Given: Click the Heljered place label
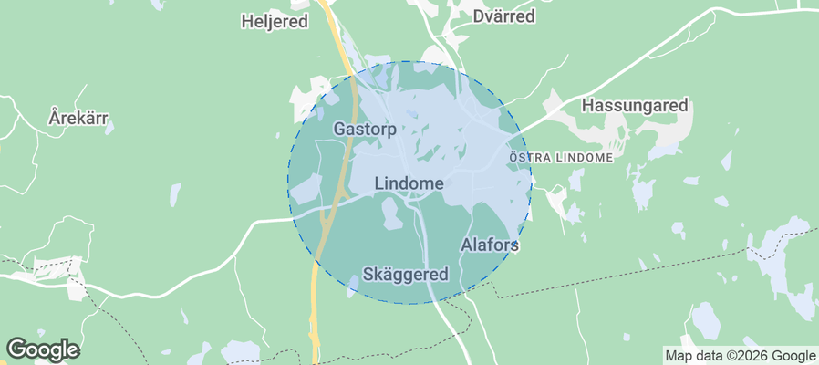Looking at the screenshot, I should pos(275,21).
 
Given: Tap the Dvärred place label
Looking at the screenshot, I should pos(503,16).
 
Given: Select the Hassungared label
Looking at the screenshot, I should pos(635,106).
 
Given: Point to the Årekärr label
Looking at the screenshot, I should pos(78,119).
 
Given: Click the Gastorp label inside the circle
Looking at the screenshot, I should pos(365,129).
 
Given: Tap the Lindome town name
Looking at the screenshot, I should pos(409,183).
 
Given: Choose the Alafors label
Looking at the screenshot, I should pos(490,245).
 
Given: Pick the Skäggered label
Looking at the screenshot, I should pos(406,274).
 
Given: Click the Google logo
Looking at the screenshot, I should pos(43,349).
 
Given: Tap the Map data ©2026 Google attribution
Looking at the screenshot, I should pos(740,356).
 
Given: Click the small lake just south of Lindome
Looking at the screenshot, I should pos(391,215).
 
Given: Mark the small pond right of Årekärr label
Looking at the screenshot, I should pos(109,129).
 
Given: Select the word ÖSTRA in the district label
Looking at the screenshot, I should pos(527,157).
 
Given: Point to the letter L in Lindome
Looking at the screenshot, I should pos(379,183).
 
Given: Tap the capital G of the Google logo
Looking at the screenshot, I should pos(16,349).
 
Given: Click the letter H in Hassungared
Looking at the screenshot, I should pos(587,106).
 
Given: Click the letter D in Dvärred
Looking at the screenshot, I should pos(478,16).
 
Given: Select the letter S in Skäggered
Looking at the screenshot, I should pos(368,274).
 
